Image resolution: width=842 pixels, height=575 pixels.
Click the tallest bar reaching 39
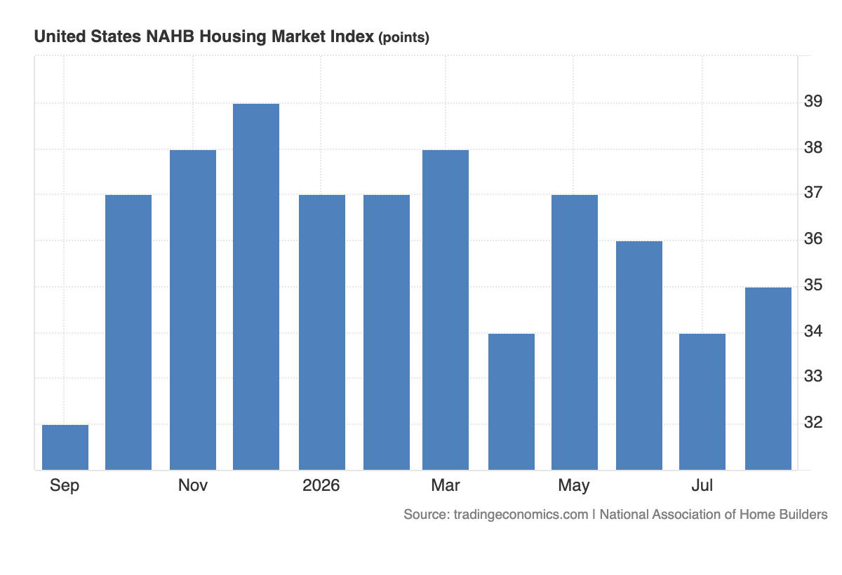pyautogui.click(x=256, y=287)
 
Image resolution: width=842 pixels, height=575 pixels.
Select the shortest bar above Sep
pyautogui.click(x=65, y=447)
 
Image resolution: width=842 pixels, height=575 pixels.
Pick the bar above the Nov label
pyautogui.click(x=193, y=310)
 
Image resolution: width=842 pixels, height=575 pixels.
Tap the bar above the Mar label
pyautogui.click(x=446, y=310)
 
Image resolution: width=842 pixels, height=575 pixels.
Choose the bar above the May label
pyautogui.click(x=575, y=332)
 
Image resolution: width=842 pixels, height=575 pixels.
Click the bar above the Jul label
pyautogui.click(x=702, y=402)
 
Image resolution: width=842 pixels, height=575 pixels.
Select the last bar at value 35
pyautogui.click(x=768, y=379)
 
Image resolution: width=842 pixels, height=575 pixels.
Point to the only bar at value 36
pyautogui.click(x=639, y=356)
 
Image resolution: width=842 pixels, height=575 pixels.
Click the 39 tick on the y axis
pyautogui.click(x=813, y=101)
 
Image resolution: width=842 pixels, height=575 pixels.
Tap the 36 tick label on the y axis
pyautogui.click(x=813, y=238)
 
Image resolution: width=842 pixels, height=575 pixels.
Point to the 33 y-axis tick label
pyautogui.click(x=813, y=376)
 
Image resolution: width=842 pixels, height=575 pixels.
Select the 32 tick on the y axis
pyautogui.click(x=813, y=423)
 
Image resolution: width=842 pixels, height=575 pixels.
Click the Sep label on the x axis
pyautogui.click(x=65, y=486)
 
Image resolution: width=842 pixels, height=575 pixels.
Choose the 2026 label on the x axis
pyautogui.click(x=321, y=485)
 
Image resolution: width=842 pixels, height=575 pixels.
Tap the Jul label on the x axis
pyautogui.click(x=702, y=485)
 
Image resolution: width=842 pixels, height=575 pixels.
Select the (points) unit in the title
pyautogui.click(x=403, y=38)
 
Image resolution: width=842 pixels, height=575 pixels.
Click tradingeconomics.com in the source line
pyautogui.click(x=521, y=514)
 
